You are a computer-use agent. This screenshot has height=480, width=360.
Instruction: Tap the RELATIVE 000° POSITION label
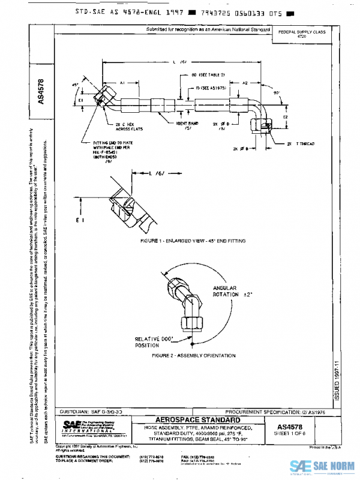click(x=154, y=342)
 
